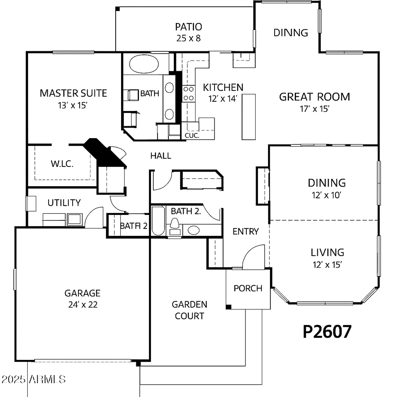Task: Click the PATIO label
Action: point(188,27)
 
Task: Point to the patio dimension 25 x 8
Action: point(188,38)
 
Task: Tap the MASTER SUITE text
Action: point(73,93)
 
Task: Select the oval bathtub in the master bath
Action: point(144,64)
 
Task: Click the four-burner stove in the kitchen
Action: point(188,94)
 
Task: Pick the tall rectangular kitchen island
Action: point(249,117)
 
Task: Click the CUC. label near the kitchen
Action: point(192,136)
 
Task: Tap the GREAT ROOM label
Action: point(314,97)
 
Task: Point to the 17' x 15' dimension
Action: point(314,109)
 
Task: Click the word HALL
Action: point(161,156)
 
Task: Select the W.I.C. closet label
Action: point(62,164)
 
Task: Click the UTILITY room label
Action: point(64,203)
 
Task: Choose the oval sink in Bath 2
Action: point(193,230)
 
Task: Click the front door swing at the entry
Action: point(254,257)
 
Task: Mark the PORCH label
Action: point(248,288)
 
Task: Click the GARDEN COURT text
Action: point(190,310)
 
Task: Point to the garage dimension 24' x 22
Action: point(83,305)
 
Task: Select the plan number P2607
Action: point(327,331)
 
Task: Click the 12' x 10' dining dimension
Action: point(326,195)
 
